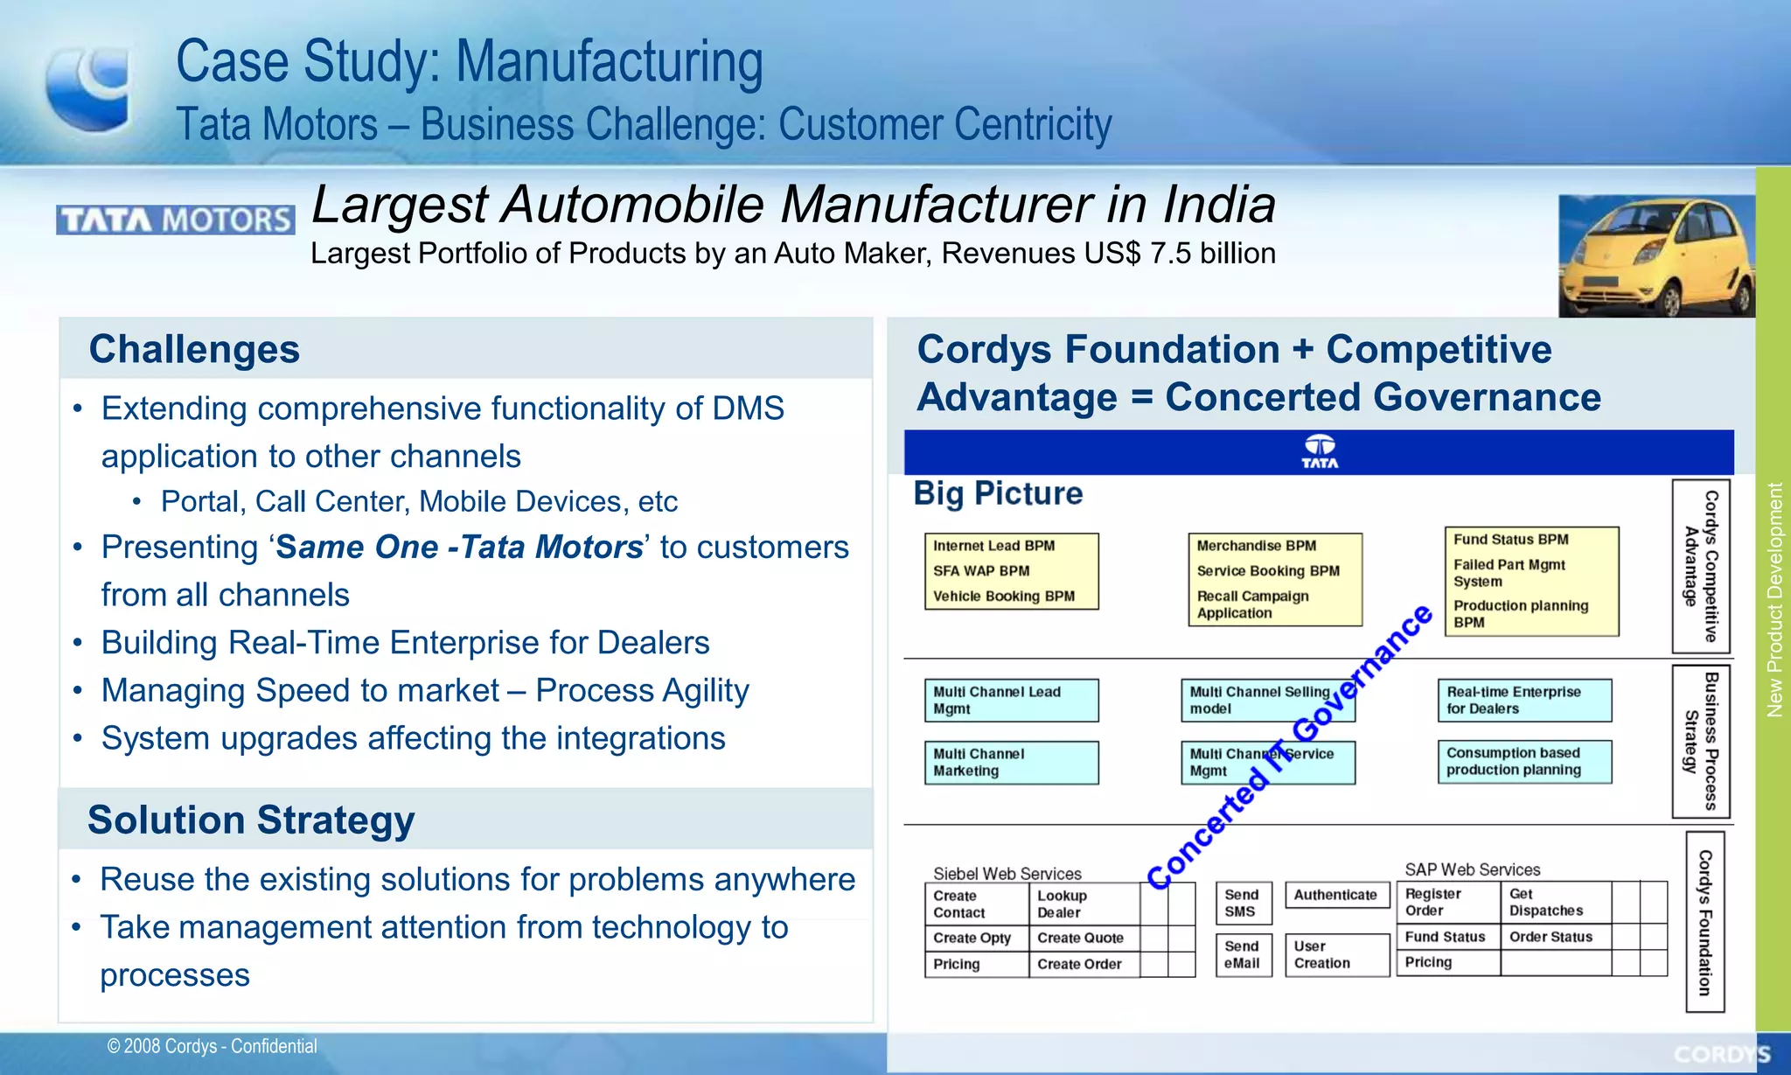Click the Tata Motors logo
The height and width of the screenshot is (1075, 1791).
175,220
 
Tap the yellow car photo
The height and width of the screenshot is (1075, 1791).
1655,255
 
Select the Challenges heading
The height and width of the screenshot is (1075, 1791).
194,349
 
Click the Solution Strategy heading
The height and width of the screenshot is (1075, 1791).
251,820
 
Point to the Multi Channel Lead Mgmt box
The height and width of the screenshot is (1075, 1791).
1011,700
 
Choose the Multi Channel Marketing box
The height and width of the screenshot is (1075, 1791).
1011,762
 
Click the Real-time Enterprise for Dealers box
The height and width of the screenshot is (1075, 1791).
1524,700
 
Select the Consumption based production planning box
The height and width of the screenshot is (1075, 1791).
1524,761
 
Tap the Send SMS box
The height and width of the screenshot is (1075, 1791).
1243,903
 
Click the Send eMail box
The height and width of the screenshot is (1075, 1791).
1243,954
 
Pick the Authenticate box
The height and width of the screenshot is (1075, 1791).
1335,895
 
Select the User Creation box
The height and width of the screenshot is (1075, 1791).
1335,954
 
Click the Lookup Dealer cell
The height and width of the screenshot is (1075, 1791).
1083,904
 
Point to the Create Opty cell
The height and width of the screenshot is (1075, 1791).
975,938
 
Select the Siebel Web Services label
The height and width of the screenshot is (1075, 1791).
1007,873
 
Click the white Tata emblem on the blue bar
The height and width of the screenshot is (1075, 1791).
1320,451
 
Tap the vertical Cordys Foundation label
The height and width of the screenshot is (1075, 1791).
1704,922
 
